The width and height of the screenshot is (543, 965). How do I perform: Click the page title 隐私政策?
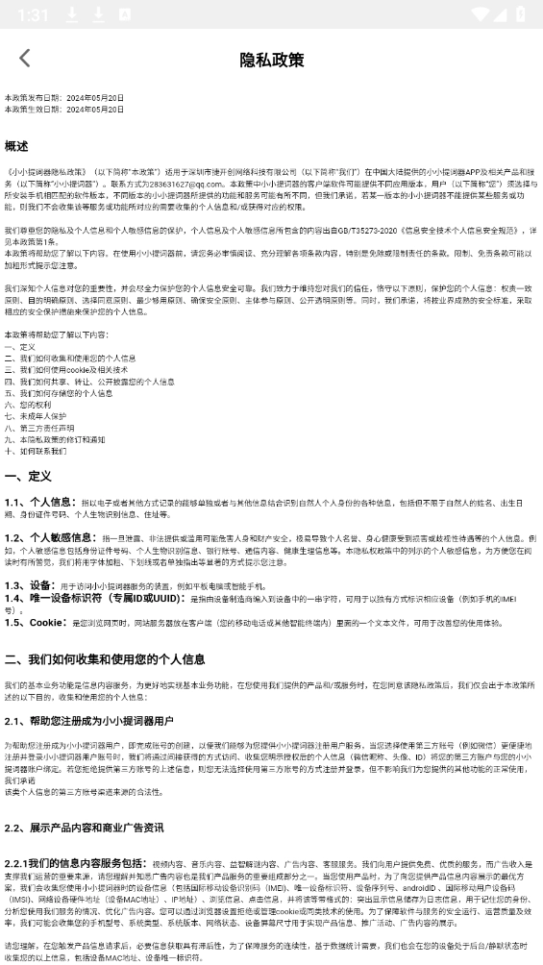[271, 60]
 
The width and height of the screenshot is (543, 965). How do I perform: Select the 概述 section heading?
[16, 146]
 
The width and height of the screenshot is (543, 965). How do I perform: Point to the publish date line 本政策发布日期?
[64, 98]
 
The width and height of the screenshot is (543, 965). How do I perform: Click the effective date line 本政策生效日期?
[64, 110]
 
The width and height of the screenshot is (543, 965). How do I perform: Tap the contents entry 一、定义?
[20, 346]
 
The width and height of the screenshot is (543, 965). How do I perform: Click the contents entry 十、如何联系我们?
[36, 451]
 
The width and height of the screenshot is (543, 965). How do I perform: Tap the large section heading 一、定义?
[29, 476]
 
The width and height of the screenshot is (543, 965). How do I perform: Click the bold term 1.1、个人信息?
[39, 502]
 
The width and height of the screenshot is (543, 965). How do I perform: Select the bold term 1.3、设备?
[30, 584]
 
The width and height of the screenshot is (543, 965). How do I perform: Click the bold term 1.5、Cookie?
[37, 622]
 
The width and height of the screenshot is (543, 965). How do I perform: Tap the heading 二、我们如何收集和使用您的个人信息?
[105, 659]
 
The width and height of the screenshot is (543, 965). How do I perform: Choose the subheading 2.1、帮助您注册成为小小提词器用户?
[89, 720]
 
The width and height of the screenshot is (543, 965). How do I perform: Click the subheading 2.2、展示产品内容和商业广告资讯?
[84, 828]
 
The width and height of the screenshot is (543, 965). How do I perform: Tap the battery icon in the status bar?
[520, 14]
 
